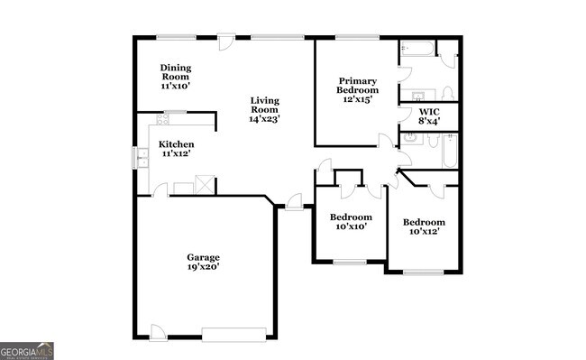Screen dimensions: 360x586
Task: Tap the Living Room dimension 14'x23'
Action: (265, 118)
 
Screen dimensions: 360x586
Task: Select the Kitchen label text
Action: (176, 144)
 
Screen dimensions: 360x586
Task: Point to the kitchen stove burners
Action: (163, 118)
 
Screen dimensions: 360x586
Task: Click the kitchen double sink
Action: (142, 158)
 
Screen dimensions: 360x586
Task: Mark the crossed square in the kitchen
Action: (206, 184)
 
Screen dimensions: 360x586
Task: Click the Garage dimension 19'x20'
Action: (203, 267)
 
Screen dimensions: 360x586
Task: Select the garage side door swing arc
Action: (157, 330)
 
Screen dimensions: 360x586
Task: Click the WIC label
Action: (429, 113)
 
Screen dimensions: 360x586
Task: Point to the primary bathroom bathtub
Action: (417, 49)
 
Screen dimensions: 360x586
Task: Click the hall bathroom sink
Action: (410, 139)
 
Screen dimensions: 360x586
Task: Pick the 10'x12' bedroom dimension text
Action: (424, 233)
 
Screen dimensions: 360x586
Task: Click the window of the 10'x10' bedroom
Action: (350, 263)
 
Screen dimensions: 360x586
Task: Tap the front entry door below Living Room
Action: (293, 203)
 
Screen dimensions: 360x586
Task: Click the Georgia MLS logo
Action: (26, 351)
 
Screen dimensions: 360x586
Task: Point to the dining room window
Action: (169, 37)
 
